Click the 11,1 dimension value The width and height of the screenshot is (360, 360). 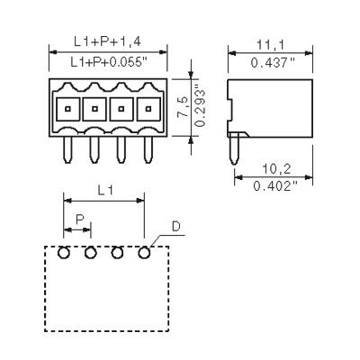(x=268, y=43)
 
